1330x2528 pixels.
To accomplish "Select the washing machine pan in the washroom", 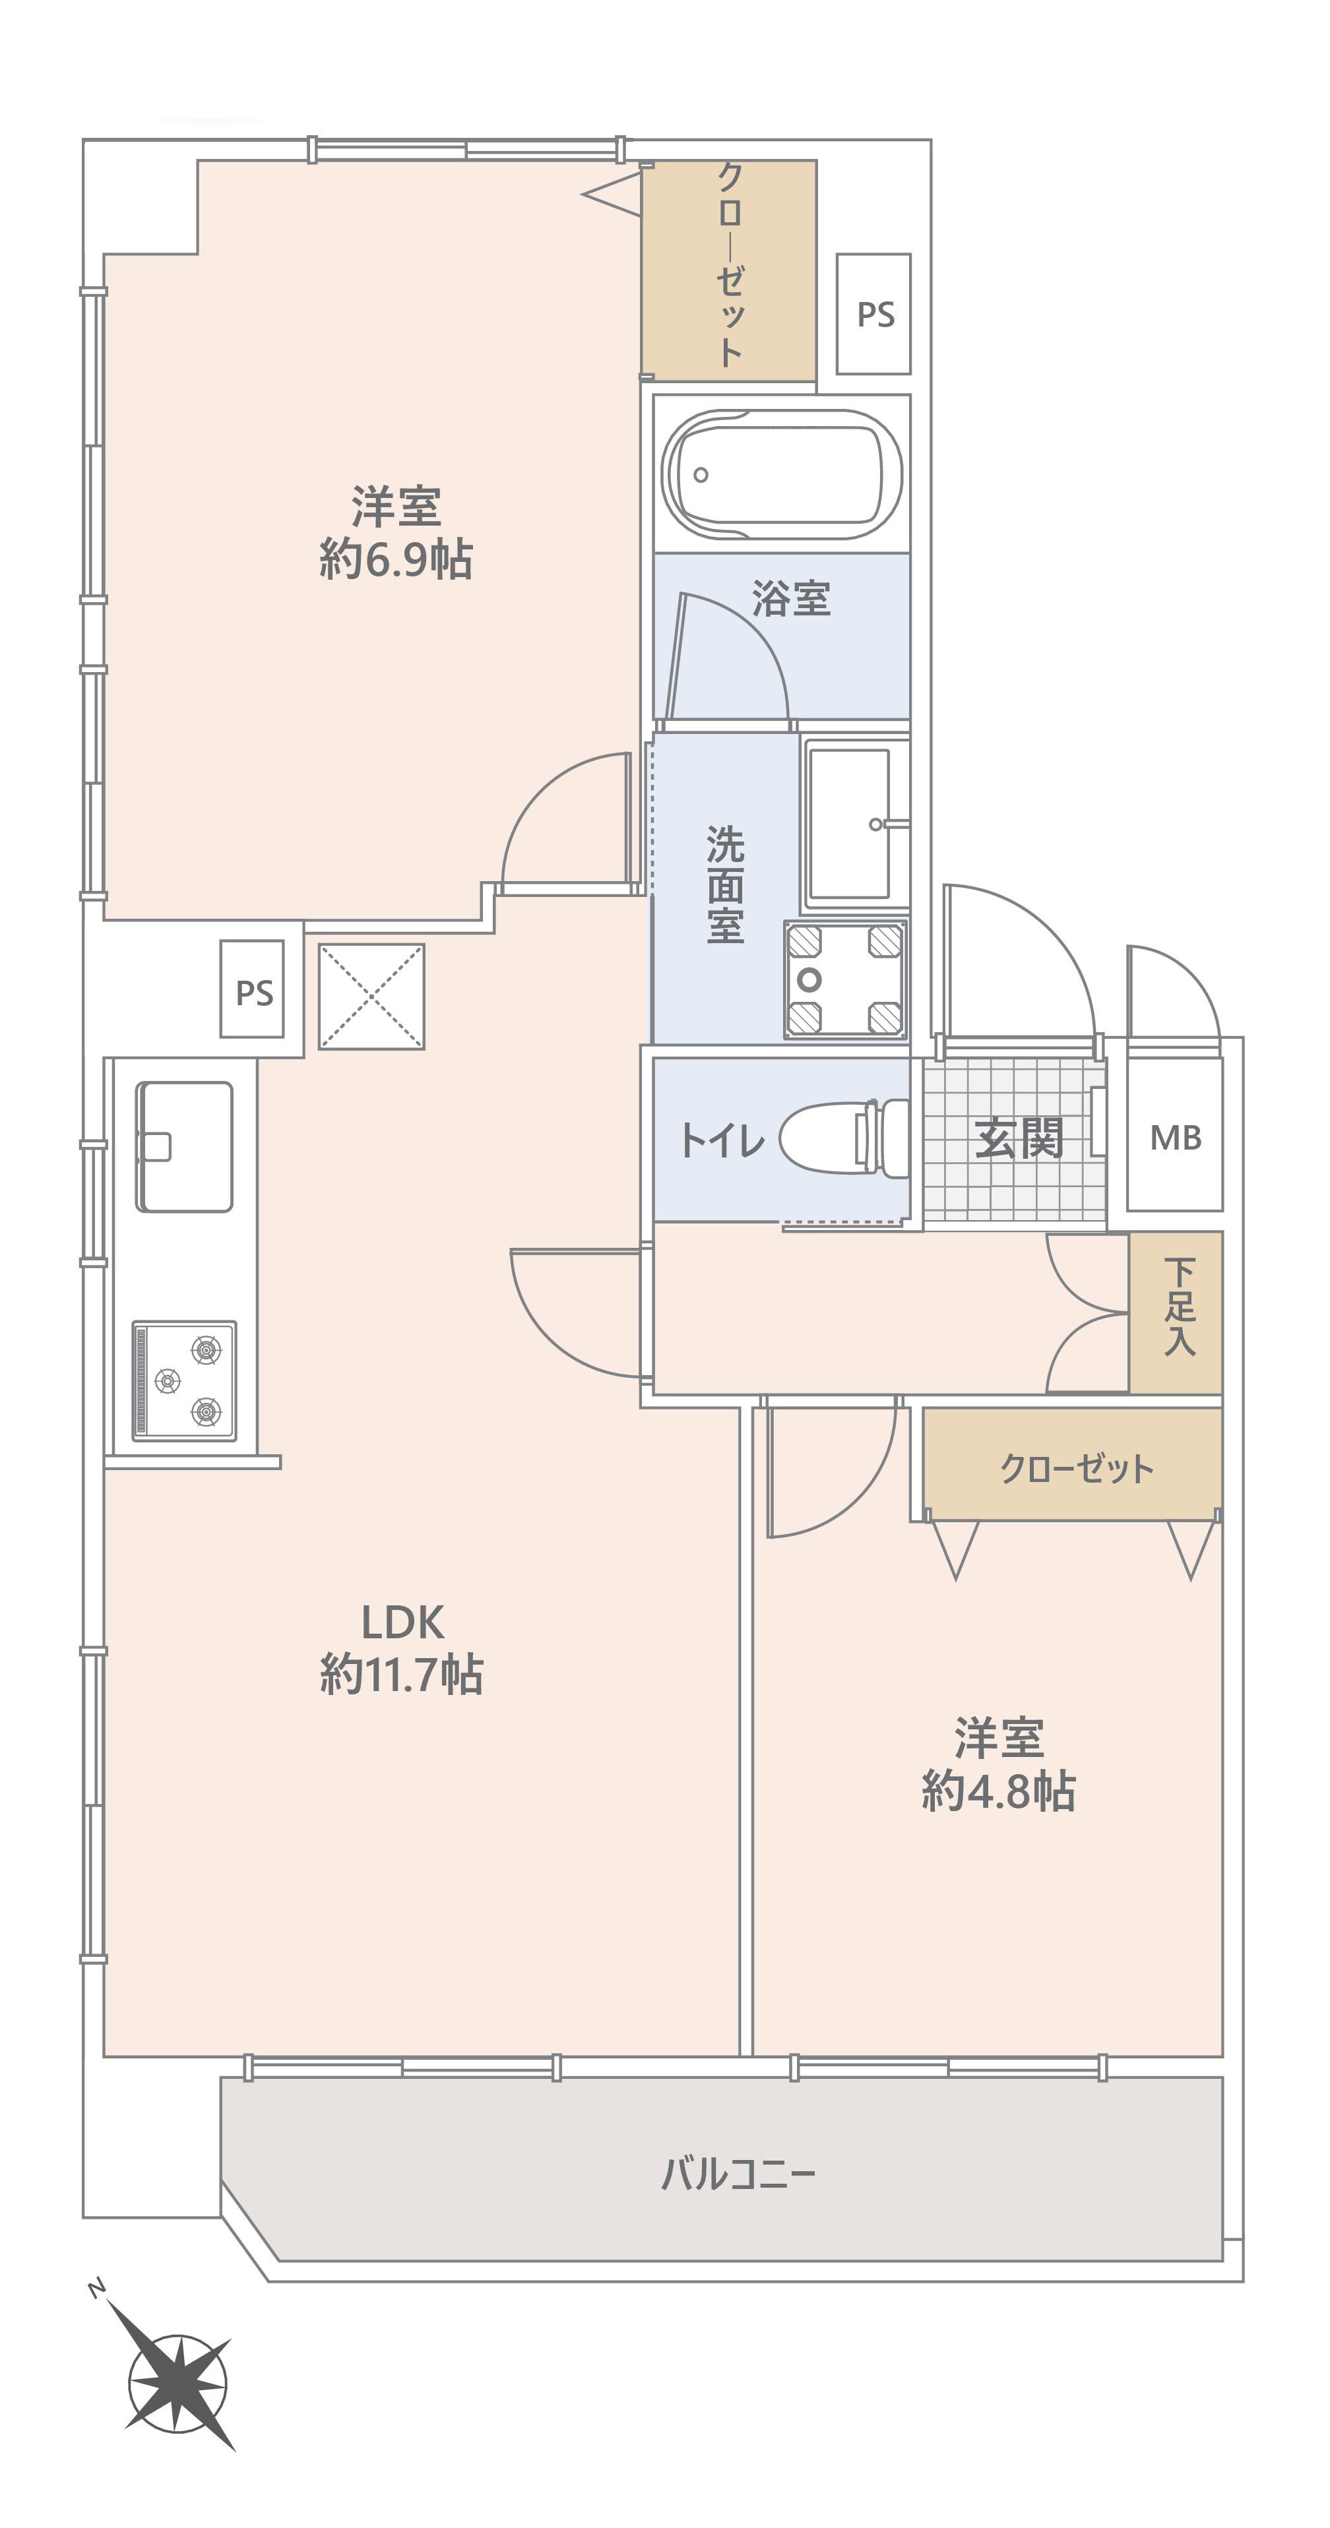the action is [x=844, y=979].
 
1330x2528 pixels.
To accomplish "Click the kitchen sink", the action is [x=183, y=1146].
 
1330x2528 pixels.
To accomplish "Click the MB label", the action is [x=1175, y=1138].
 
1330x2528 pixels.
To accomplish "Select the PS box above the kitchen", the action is [x=252, y=989].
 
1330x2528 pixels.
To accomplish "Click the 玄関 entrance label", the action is [x=1019, y=1138].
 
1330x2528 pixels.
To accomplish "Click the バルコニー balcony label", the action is [x=738, y=2174].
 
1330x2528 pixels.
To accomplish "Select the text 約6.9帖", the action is [x=396, y=559].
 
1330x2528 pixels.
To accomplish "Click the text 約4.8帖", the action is [x=998, y=1791].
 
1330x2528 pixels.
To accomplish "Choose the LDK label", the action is [x=402, y=1622].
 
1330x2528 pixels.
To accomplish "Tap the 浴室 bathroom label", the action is [x=791, y=598].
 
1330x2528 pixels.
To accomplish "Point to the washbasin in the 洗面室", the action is [x=850, y=823].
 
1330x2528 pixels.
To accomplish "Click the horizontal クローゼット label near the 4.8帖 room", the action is [x=1076, y=1468].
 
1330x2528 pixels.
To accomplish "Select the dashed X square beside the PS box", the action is [x=371, y=996].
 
